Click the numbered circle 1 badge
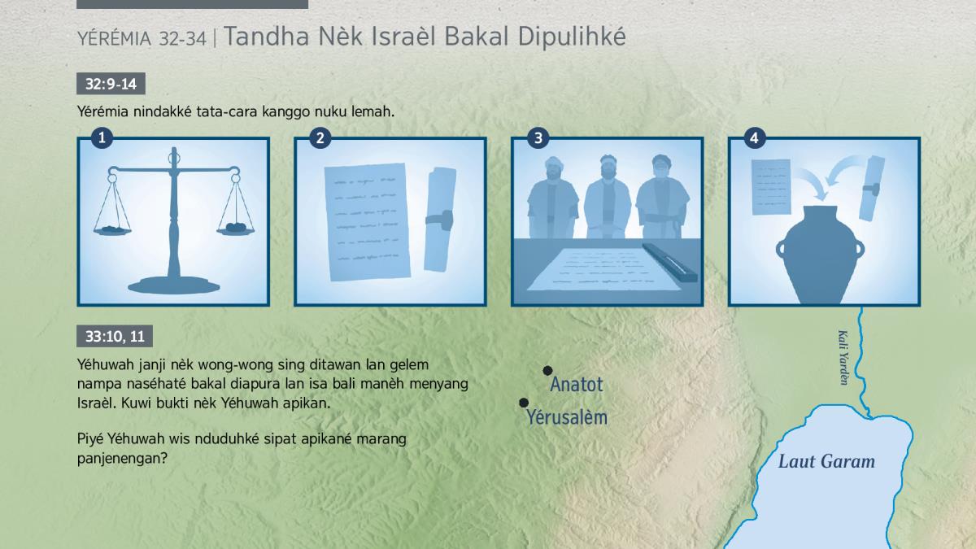point(102,138)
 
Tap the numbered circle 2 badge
point(320,138)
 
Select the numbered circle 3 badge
point(538,138)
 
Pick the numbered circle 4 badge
point(754,138)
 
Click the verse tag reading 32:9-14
point(111,84)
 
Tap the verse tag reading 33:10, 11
point(115,336)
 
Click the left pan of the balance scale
point(112,230)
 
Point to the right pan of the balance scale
point(236,229)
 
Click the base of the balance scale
point(174,285)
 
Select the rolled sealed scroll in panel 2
point(440,220)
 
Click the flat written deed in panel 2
point(367,222)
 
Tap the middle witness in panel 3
point(608,198)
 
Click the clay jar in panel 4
point(820,255)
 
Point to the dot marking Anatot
point(547,371)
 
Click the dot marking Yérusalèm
point(524,403)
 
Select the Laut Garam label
point(826,461)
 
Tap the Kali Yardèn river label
point(843,358)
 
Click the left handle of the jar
point(780,249)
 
